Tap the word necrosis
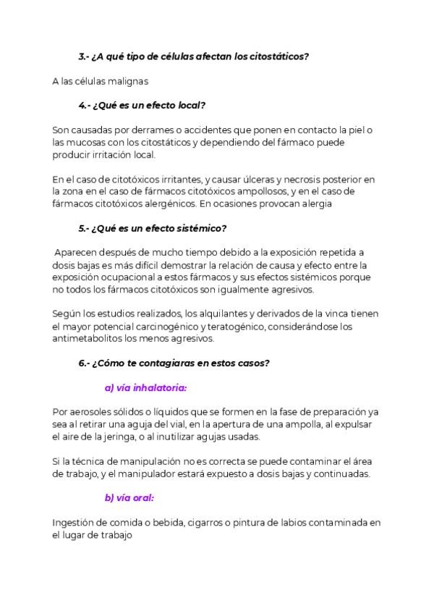point(284,179)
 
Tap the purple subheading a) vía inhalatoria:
point(145,387)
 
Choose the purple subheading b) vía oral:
point(129,497)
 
